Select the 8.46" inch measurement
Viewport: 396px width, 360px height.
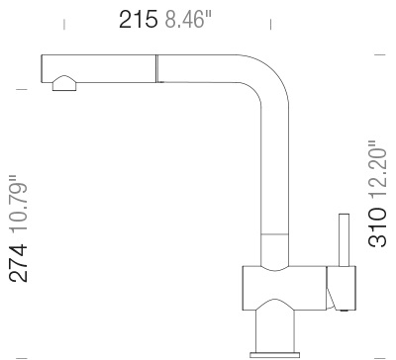pos(185,21)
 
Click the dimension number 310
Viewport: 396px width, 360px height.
pos(377,229)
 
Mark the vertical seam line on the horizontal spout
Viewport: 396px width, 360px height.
pos(154,68)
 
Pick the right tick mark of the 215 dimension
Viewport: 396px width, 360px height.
pos(271,21)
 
